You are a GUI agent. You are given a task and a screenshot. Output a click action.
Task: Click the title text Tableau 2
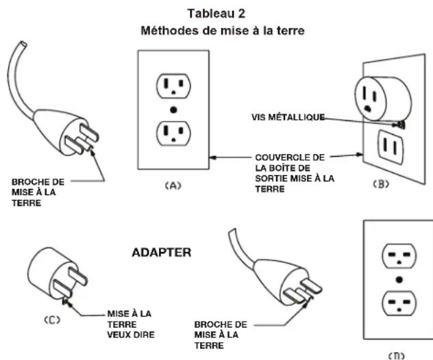tap(216, 14)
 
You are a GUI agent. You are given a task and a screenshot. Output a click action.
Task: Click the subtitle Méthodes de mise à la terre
tap(223, 30)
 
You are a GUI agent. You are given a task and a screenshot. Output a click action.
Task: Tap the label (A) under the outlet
tap(173, 185)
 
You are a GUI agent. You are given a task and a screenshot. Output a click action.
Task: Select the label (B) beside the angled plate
tap(381, 184)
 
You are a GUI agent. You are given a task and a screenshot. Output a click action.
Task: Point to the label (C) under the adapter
tap(52, 320)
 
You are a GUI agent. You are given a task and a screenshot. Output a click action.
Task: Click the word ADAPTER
tap(162, 253)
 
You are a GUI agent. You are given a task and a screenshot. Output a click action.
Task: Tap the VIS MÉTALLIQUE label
tap(288, 117)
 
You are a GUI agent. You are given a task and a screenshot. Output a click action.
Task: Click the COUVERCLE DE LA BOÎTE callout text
tap(295, 173)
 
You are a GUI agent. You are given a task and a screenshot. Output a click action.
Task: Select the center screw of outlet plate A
tap(173, 110)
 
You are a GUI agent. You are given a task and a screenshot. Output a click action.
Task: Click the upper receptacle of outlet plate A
tap(173, 86)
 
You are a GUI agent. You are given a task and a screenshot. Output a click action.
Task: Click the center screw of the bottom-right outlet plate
tap(399, 280)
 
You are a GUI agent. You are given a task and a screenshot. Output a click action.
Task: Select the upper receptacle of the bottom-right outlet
tap(399, 256)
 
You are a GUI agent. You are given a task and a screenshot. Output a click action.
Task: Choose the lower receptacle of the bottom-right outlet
tap(399, 303)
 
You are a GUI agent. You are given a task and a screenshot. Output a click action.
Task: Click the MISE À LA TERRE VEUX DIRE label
tap(131, 324)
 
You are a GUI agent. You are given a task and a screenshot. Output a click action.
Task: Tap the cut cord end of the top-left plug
tap(23, 44)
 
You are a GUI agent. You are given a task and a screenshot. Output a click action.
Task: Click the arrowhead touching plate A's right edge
tap(212, 158)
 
